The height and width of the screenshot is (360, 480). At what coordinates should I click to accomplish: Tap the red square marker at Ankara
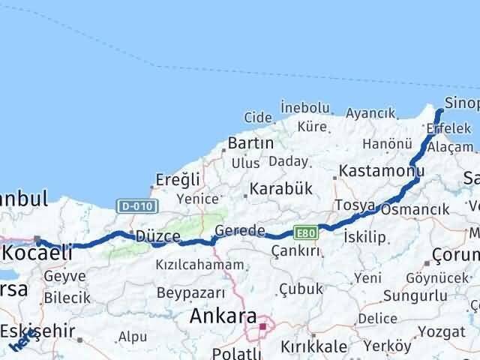point(263,326)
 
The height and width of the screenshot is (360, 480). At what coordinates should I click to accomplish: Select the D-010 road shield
point(128,205)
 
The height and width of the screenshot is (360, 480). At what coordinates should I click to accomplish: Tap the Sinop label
point(461,103)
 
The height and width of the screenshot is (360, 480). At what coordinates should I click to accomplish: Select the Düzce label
point(157,236)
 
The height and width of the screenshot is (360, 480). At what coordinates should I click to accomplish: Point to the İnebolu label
point(304,108)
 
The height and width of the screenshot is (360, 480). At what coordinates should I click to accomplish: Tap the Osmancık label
point(414,210)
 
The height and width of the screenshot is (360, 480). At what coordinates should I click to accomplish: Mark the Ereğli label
point(177,179)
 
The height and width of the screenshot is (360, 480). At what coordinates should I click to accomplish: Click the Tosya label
point(355,205)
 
